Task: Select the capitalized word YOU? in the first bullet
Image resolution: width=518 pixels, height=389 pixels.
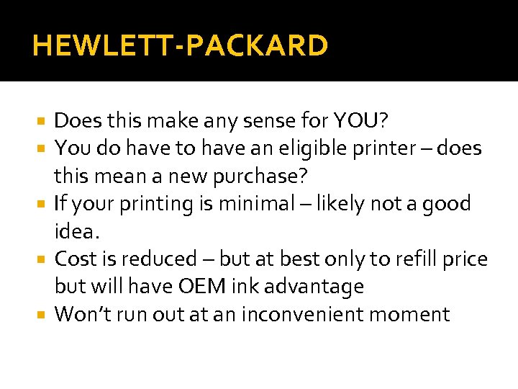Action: [x=361, y=120]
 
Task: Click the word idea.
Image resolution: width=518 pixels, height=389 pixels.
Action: [x=75, y=231]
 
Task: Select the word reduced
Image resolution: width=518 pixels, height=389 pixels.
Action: [x=158, y=259]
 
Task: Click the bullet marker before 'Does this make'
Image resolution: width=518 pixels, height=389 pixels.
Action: [x=44, y=120]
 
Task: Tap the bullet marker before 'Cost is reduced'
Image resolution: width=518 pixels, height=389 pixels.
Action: [x=44, y=259]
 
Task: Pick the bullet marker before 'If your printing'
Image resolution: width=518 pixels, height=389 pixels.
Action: [x=44, y=204]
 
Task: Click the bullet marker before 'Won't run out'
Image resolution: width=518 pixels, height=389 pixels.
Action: [x=44, y=315]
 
